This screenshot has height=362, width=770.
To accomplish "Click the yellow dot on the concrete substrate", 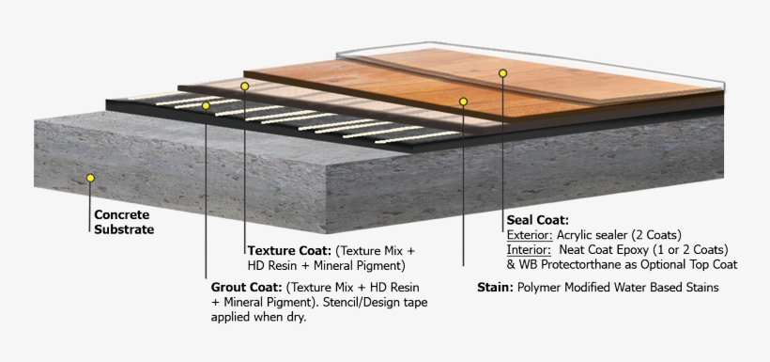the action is click(90, 176).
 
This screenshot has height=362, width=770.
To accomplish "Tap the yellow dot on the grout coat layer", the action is click(207, 105).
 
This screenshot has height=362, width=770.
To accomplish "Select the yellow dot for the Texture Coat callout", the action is click(244, 86).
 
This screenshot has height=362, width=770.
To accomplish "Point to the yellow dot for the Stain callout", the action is click(463, 100).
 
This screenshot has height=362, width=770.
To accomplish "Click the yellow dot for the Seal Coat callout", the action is click(502, 72).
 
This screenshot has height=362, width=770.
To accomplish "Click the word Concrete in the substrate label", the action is click(121, 214).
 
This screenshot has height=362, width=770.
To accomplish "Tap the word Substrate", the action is click(124, 228).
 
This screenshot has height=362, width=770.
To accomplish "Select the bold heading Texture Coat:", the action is click(288, 251).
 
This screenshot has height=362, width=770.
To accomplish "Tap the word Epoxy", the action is click(653, 250).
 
